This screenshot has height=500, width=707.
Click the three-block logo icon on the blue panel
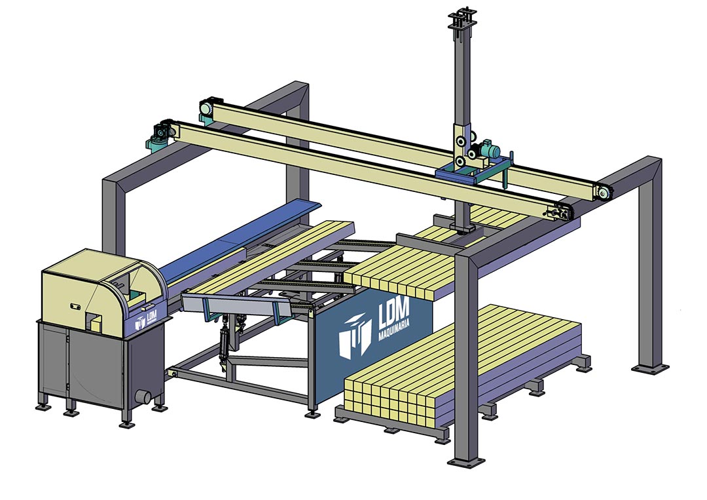(x=355, y=336)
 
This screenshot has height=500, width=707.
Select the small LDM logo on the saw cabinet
(x=146, y=319)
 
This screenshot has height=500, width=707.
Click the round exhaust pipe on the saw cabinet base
(x=143, y=396)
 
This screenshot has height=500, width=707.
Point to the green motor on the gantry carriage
(x=488, y=147)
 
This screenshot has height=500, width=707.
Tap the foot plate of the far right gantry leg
(x=650, y=368)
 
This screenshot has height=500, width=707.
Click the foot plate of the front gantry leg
(x=466, y=462)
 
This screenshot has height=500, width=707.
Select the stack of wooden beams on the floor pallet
(x=462, y=366)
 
